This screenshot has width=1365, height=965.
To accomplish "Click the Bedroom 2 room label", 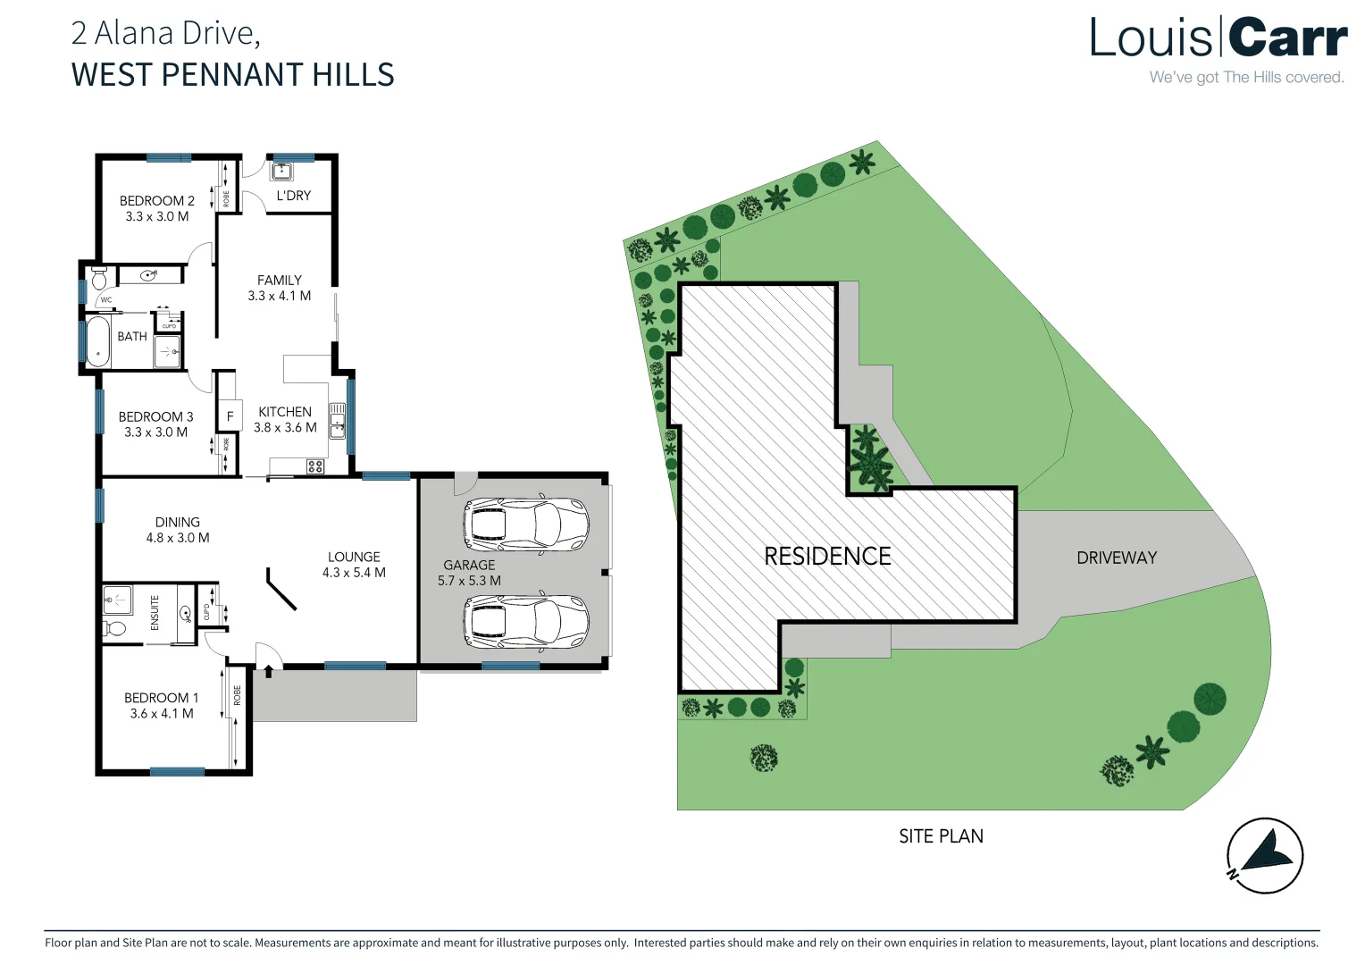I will tap(156, 201).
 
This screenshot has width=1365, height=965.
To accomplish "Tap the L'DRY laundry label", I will tap(293, 196).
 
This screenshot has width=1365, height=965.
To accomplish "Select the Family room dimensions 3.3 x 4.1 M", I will tap(279, 296).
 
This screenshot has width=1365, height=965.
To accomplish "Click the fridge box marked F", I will tap(230, 416).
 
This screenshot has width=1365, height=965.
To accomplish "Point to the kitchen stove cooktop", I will tap(314, 466).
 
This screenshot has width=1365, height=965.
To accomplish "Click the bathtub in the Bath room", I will tap(96, 342).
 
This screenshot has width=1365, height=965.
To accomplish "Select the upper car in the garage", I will tap(525, 524).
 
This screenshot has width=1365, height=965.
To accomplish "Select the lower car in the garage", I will tap(525, 622).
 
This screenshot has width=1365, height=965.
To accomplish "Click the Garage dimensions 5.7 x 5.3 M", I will tap(469, 581).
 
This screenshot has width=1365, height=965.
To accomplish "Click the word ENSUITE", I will tap(155, 613).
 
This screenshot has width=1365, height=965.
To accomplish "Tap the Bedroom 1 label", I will tap(161, 698).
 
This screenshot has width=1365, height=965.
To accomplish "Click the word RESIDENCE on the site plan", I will tap(827, 557).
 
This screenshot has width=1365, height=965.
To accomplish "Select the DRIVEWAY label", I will tap(1116, 558).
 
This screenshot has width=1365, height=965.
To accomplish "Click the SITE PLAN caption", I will tap(941, 836).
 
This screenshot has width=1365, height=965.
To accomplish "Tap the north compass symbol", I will tap(1264, 855).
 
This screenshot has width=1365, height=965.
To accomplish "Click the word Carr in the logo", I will tap(1287, 38).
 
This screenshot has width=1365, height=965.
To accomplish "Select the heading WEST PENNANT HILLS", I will tap(232, 75).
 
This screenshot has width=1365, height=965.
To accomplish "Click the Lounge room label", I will tap(354, 557).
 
